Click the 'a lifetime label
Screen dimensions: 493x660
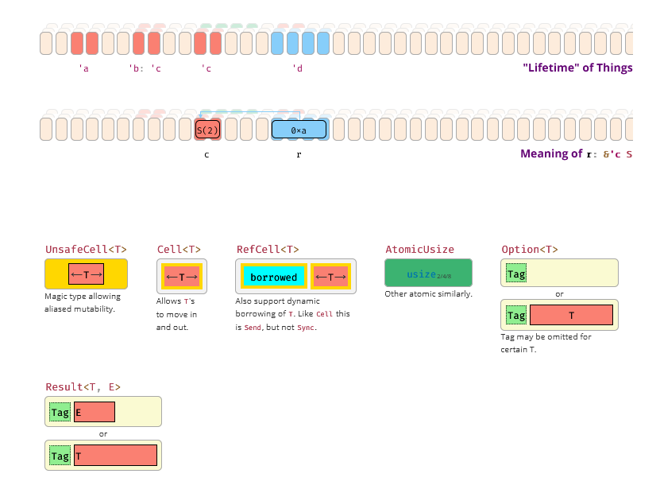83,69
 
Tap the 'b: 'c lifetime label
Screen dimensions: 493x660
145,69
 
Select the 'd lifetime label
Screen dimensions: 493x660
298,69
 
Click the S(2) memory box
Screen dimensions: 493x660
207,130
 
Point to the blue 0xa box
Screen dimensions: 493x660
299,130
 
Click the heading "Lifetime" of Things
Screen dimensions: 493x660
577,68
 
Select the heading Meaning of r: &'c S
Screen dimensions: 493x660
576,153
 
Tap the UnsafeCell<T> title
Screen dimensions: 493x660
86,249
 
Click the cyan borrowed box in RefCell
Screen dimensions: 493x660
274,277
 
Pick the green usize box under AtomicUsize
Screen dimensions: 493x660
428,274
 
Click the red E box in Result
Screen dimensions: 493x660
94,412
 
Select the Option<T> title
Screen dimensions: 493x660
530,249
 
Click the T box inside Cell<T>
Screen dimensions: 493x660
182,277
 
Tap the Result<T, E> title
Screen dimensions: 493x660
83,386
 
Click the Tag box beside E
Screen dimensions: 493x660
60,412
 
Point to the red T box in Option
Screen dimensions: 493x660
571,316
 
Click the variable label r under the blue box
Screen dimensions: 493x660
299,154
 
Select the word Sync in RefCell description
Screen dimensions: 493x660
306,328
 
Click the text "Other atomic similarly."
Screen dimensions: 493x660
428,294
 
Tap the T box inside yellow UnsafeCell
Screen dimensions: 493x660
86,274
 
